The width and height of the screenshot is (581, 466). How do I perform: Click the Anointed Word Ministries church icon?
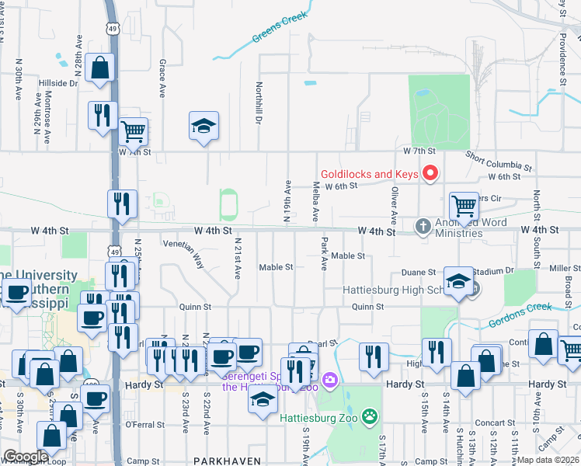[x=423, y=226]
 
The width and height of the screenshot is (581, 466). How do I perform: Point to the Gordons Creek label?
[x=520, y=315]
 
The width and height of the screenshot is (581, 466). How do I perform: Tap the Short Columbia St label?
[x=499, y=161]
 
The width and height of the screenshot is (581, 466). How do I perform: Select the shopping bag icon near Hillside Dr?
[x=101, y=68]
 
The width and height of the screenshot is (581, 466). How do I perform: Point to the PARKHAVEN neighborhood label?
[x=227, y=461]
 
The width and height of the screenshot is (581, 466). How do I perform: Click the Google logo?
[x=26, y=457]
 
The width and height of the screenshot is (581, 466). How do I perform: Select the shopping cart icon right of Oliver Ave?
[x=464, y=206]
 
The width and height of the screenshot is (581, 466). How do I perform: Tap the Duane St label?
[x=417, y=273]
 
